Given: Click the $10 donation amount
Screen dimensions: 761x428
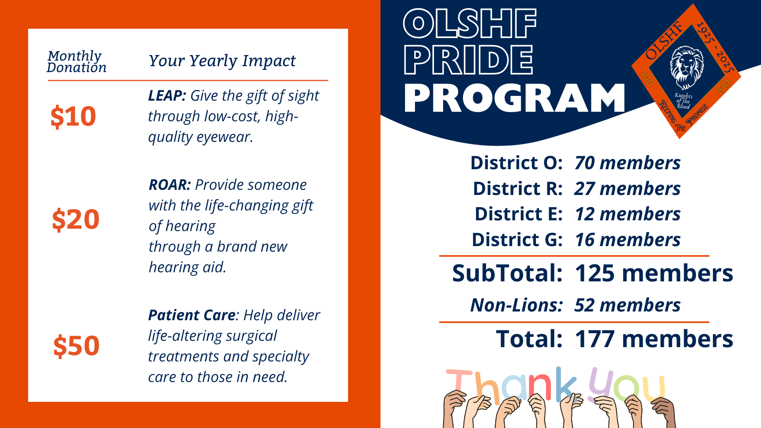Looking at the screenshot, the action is [73, 117].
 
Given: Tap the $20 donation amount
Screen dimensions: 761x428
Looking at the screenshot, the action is [76, 219].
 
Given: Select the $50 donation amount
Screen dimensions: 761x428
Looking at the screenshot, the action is [76, 346].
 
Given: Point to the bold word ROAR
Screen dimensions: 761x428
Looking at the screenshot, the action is [170, 185].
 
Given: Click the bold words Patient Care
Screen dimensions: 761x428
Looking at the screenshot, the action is [192, 315].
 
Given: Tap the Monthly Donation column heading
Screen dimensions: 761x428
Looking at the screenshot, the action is [76, 61].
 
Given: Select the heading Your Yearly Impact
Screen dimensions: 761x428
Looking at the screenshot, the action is [222, 61].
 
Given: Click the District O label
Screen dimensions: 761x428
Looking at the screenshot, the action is [516, 163].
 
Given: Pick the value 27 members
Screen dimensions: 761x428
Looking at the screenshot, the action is [627, 189].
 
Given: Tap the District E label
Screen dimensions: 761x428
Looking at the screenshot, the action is [518, 214].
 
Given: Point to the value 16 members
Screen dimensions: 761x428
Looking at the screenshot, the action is [628, 240].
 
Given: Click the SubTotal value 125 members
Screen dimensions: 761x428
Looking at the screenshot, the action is [654, 273].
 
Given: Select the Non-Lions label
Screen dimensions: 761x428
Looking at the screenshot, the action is [516, 305].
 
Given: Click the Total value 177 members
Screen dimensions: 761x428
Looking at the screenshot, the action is [654, 339].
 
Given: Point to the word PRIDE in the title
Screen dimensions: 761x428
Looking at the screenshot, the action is [468, 60].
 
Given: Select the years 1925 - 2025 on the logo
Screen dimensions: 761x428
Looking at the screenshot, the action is [716, 48].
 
